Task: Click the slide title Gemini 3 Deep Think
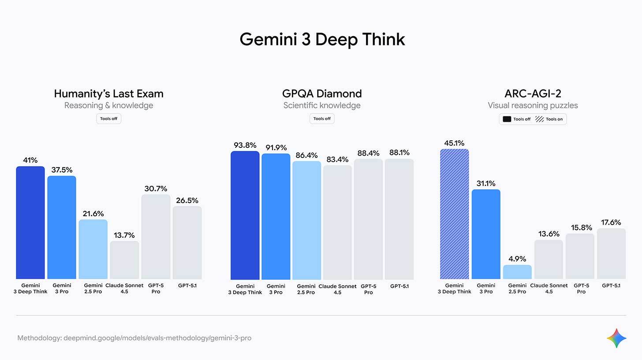[x=322, y=39]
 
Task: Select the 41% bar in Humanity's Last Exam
[x=30, y=223]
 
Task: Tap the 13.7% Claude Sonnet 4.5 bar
[x=124, y=260]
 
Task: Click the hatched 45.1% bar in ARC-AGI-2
[x=454, y=214]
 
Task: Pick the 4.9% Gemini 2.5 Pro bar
[x=517, y=272]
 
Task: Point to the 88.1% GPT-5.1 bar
[x=399, y=219]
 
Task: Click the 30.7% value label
[x=156, y=189]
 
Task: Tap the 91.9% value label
[x=276, y=148]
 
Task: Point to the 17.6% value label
[x=611, y=222]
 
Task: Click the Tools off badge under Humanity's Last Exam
[x=108, y=119]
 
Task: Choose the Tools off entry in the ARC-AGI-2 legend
[x=517, y=119]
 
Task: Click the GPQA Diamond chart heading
[x=322, y=94]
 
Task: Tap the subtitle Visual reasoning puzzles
[x=533, y=105]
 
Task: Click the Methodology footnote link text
[x=134, y=338]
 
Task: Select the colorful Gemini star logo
[x=616, y=338]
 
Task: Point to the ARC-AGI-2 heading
[x=533, y=94]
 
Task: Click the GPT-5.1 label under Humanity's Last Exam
[x=187, y=286]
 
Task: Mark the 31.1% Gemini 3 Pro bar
[x=486, y=234]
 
